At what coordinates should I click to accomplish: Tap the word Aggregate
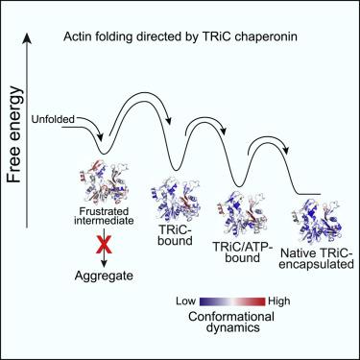click(104, 276)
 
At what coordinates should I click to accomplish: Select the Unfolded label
click(53, 119)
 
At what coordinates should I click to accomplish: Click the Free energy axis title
click(15, 134)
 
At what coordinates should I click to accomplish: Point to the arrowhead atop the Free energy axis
click(27, 38)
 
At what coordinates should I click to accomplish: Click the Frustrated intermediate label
click(104, 216)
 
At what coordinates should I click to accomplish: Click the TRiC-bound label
click(175, 234)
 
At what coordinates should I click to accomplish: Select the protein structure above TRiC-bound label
click(176, 199)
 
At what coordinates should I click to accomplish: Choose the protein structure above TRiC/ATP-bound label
click(242, 215)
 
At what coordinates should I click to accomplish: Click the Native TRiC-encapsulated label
click(317, 259)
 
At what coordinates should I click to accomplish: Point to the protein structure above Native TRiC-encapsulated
click(317, 222)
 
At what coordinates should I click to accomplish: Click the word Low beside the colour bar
click(185, 301)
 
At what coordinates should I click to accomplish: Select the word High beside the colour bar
click(279, 301)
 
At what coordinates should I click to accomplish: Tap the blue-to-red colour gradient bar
click(232, 301)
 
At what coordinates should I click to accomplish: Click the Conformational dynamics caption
click(231, 322)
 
